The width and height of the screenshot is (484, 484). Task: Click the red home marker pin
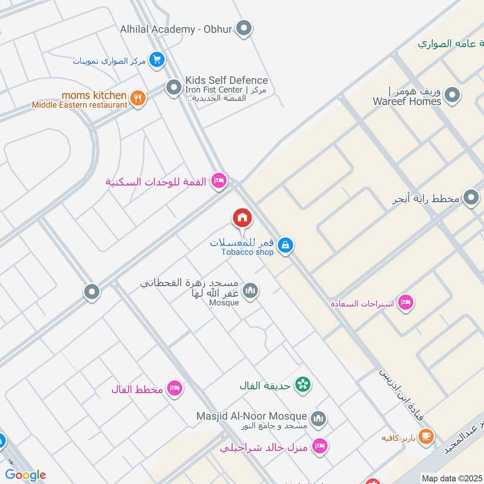(x=242, y=217)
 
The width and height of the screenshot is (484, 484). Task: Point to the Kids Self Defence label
(x=226, y=80)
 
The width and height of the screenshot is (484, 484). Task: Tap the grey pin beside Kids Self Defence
(x=174, y=88)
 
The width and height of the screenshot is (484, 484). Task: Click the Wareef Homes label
(x=407, y=102)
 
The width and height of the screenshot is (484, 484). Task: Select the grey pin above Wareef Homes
(x=451, y=95)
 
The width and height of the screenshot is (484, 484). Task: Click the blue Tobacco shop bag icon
(x=286, y=245)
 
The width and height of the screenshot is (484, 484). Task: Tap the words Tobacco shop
(x=247, y=252)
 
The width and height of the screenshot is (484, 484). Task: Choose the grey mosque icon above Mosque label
(x=250, y=291)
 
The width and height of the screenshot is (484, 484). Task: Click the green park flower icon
(x=303, y=384)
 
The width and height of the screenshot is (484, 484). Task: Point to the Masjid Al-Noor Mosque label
(x=252, y=416)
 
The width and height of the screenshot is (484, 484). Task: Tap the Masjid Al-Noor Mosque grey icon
(x=318, y=418)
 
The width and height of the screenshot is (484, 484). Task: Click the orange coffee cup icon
(x=426, y=436)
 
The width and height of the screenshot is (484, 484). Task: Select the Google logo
(x=25, y=475)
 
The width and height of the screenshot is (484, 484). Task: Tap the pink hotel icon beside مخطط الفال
(x=175, y=388)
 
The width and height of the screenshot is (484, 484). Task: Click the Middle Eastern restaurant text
(x=80, y=105)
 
